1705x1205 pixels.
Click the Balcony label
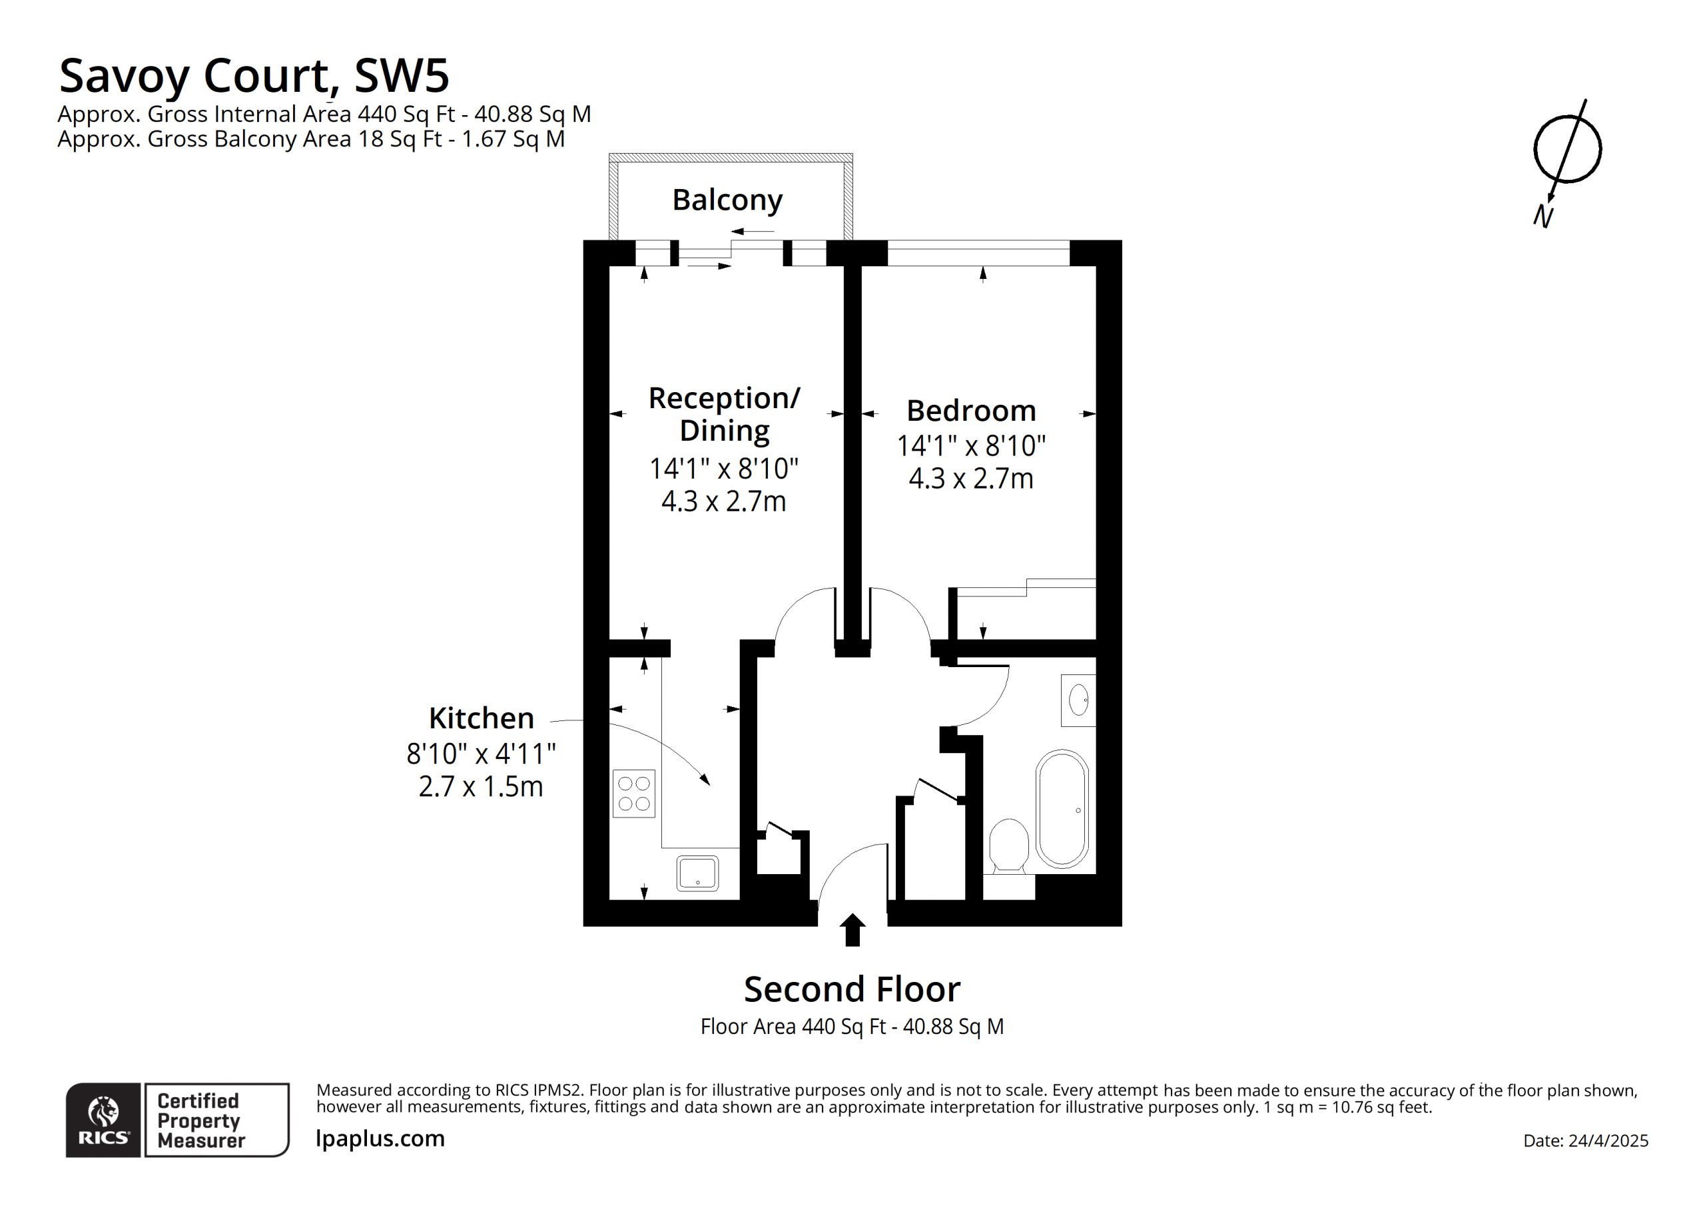(727, 200)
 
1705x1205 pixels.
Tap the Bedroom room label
(971, 411)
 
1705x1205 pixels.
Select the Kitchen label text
(482, 718)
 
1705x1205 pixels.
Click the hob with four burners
(633, 794)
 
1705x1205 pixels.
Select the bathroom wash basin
(1078, 700)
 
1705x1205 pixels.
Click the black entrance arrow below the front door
(852, 929)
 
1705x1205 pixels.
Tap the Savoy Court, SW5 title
(254, 76)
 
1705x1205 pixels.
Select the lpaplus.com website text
(380, 1139)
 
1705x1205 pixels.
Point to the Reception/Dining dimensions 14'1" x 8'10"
(724, 469)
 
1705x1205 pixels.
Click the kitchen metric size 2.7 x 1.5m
(482, 786)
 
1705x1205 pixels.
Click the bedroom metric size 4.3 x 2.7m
(971, 479)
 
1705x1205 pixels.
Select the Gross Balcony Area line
(311, 139)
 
